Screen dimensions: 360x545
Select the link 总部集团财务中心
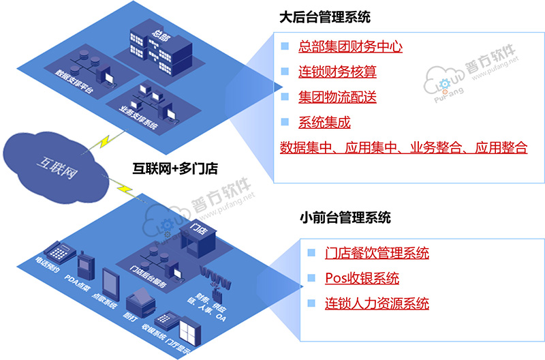point(350,47)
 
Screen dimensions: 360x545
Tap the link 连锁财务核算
point(337,72)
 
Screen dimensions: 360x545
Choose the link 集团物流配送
point(337,97)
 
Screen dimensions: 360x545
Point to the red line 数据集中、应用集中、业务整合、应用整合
point(404,148)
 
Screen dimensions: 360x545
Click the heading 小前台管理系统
point(345,219)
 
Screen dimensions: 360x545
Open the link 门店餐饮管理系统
point(377,253)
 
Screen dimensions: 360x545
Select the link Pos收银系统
point(362,278)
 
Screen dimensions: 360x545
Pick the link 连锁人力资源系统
point(377,303)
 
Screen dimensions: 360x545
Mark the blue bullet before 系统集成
point(285,123)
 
